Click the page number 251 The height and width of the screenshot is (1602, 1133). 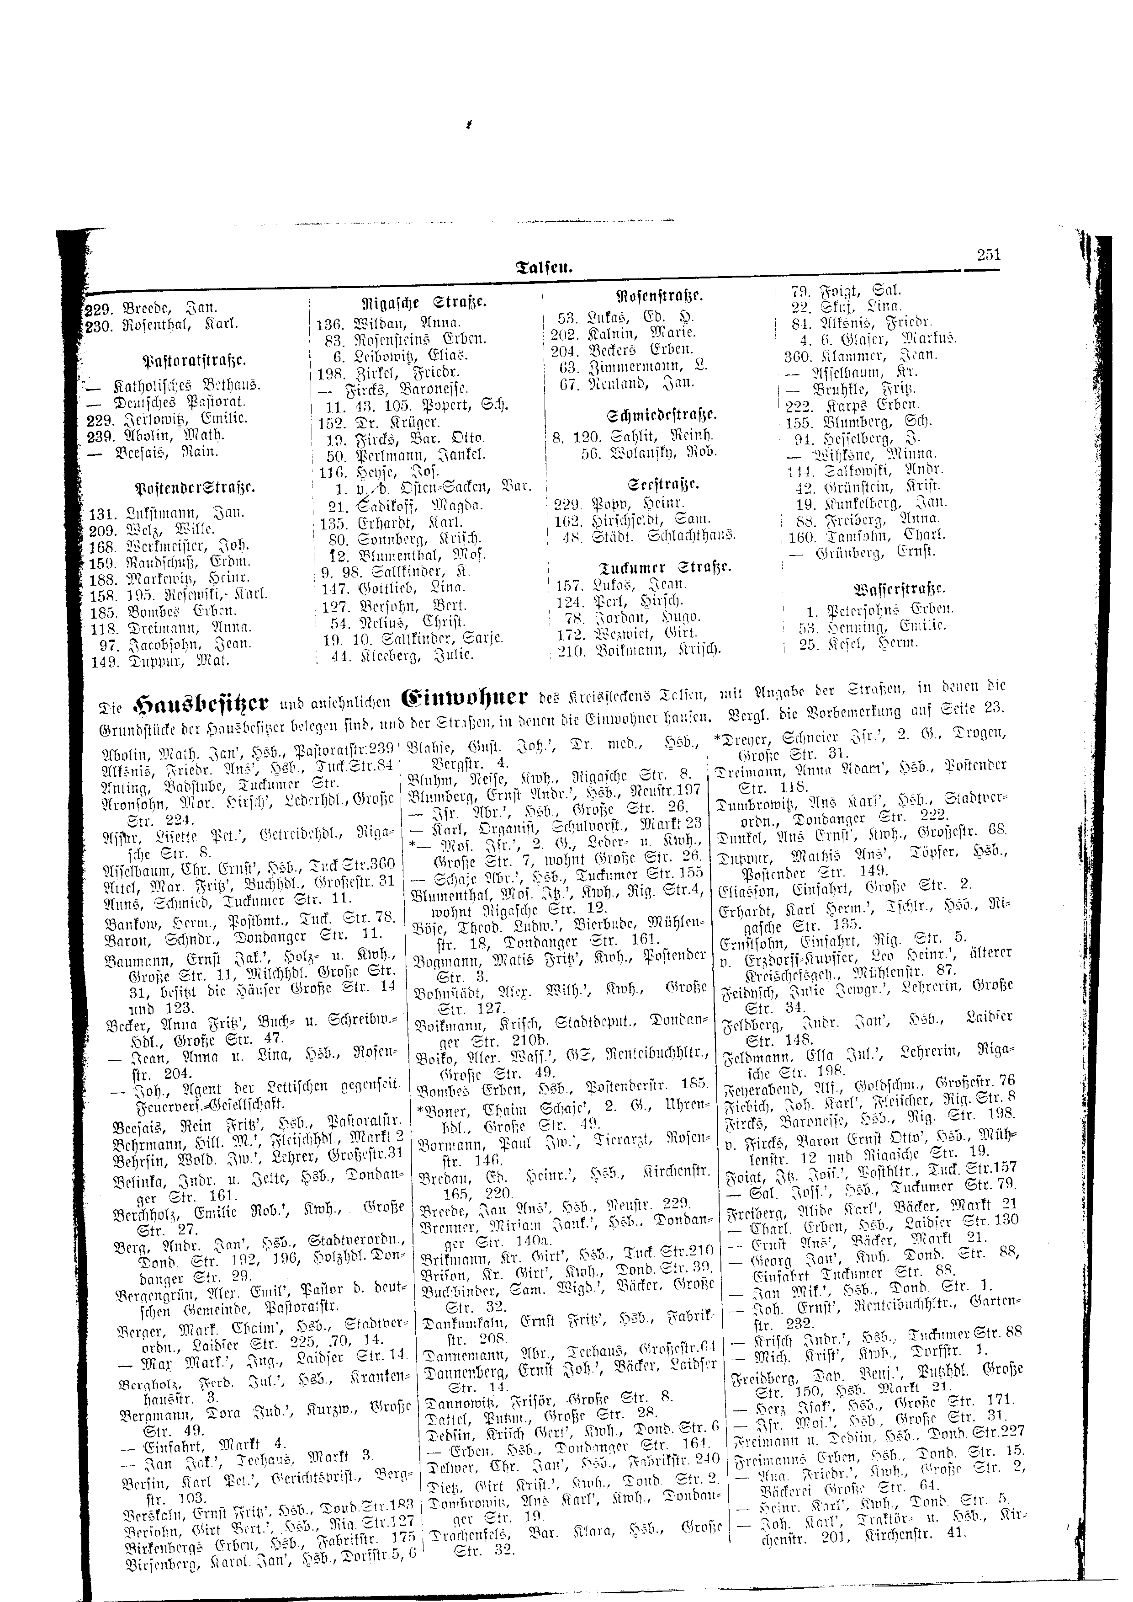[x=989, y=256]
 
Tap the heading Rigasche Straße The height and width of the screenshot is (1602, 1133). [x=426, y=304]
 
